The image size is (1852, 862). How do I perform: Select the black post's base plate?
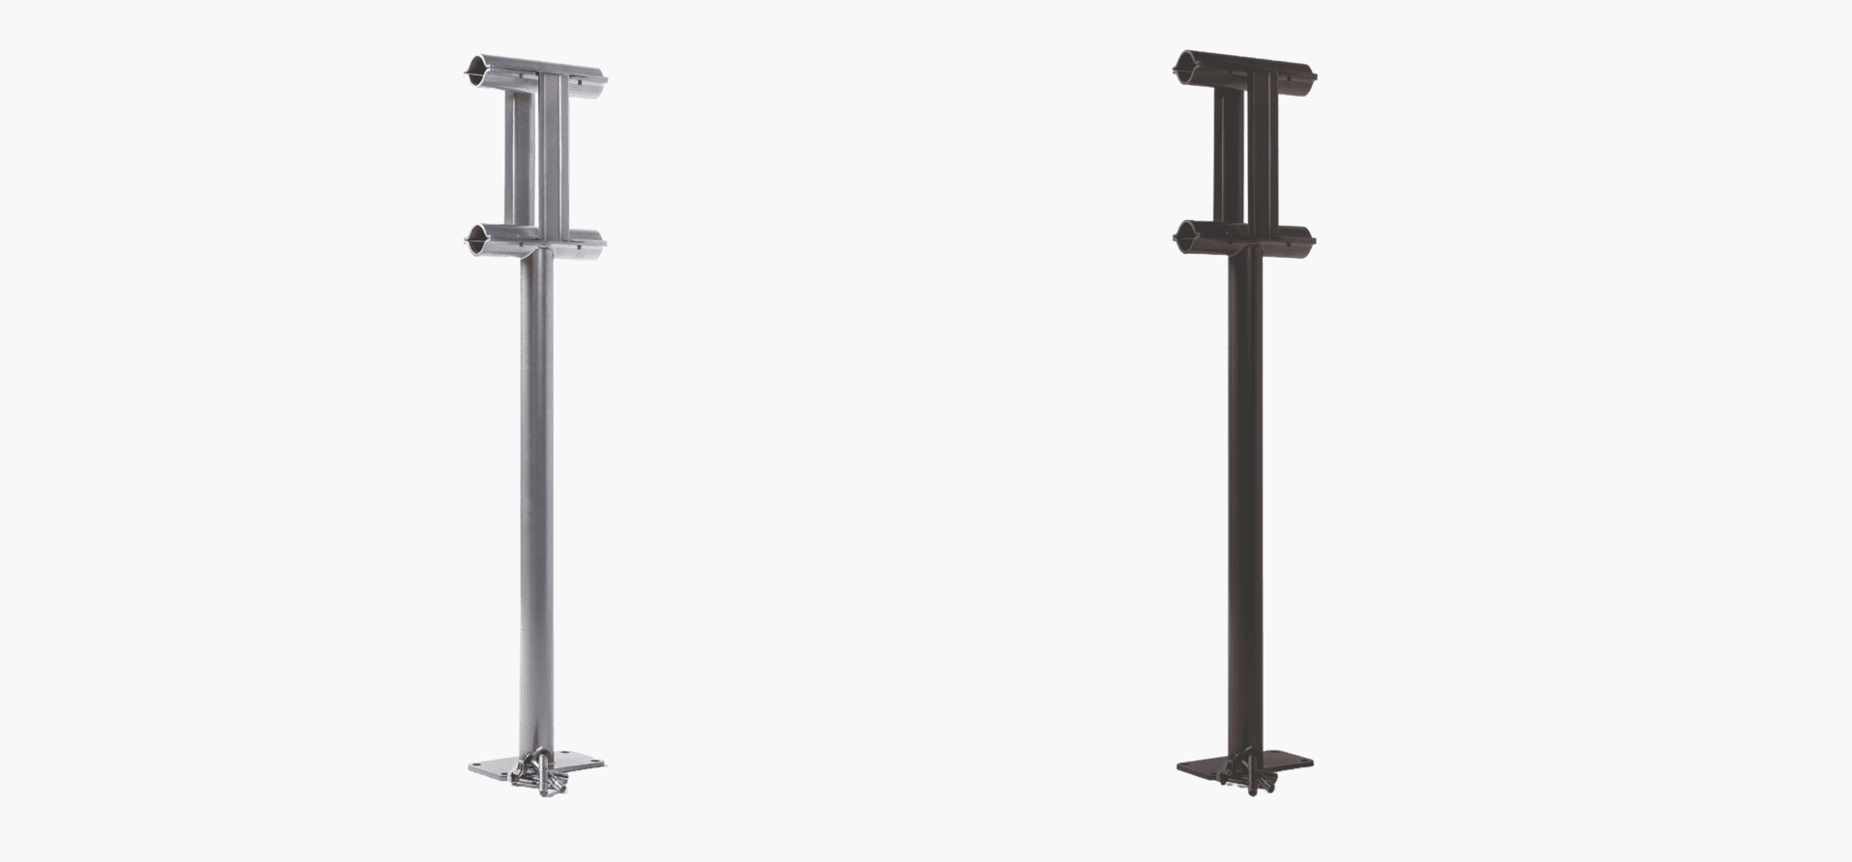[x=1283, y=764]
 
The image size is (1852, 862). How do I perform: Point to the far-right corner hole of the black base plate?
[x=1303, y=763]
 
